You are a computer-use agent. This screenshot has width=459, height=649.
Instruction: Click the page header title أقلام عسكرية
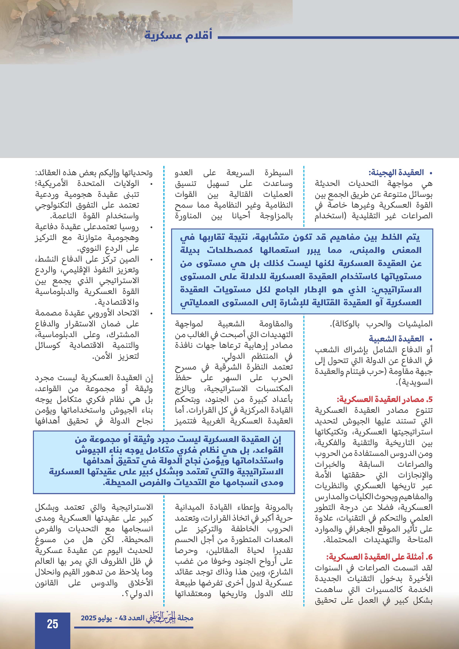click(x=178, y=36)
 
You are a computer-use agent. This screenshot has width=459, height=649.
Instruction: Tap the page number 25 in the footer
click(x=53, y=624)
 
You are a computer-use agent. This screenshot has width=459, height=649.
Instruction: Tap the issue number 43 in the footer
click(x=123, y=618)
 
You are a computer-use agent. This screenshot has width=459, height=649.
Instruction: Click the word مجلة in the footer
click(x=185, y=618)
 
